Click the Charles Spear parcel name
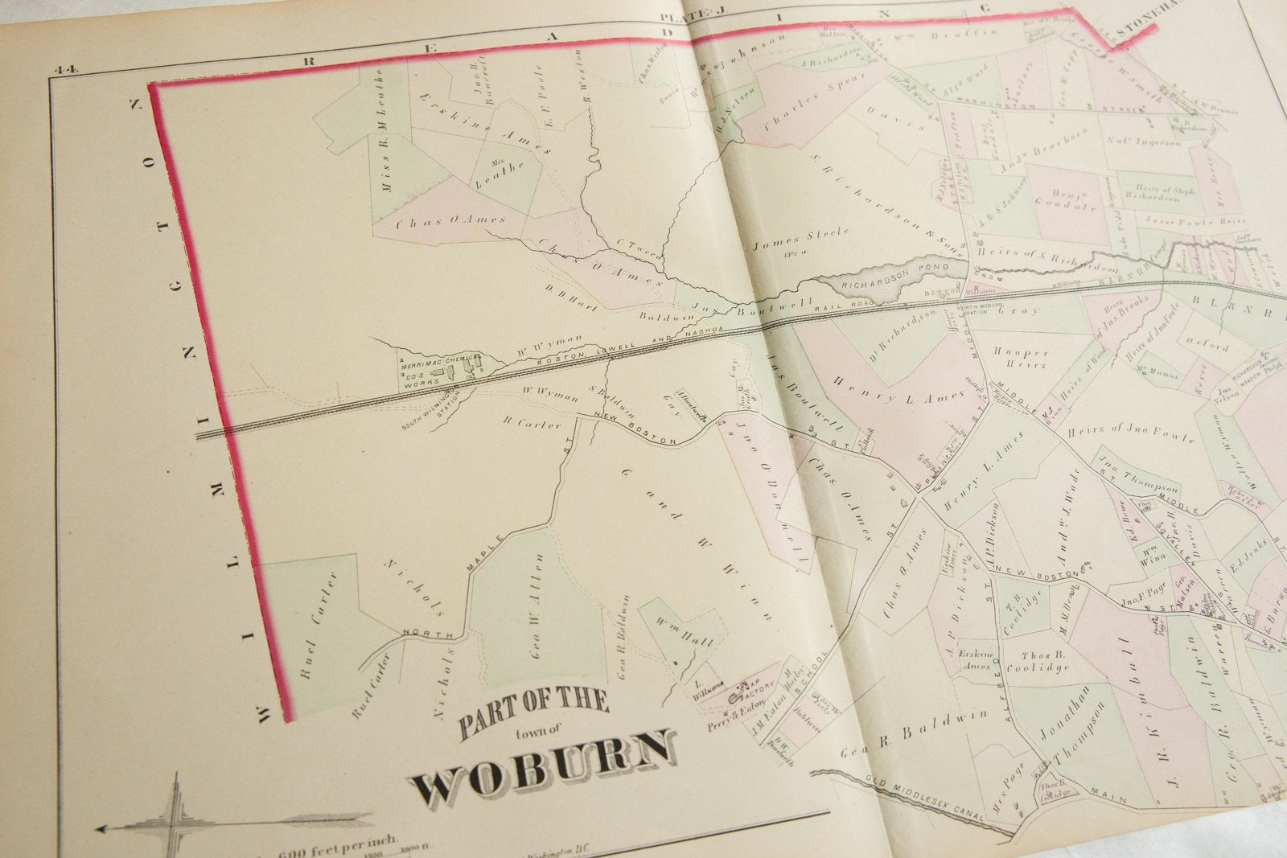click(x=804, y=104)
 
